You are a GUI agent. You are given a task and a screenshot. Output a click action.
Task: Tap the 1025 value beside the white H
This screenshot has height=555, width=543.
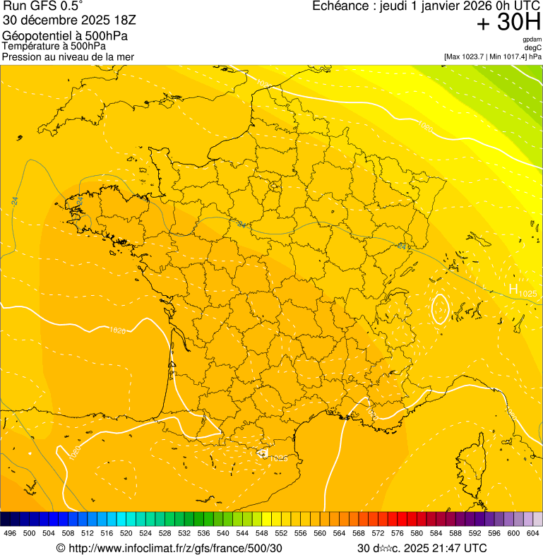tap(527, 293)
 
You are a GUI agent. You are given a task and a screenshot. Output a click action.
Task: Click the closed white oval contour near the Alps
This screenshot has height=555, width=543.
tap(440, 309)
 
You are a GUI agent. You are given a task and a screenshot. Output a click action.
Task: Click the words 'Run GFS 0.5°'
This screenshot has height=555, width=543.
tap(42, 6)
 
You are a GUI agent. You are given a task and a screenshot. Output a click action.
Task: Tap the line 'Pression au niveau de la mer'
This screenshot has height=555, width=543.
tap(68, 56)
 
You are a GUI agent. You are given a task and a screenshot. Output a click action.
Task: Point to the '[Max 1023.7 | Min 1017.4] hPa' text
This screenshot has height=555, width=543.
tap(492, 56)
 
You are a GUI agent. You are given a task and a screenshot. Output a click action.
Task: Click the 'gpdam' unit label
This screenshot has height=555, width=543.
tap(532, 40)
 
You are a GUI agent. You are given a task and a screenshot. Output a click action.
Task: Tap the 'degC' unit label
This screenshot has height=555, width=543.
tap(533, 47)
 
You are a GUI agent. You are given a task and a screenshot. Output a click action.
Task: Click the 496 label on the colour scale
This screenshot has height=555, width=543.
tap(10, 533)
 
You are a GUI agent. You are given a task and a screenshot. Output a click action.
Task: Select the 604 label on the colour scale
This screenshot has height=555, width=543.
tap(532, 533)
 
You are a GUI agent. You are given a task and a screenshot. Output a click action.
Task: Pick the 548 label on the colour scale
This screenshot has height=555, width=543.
tap(262, 533)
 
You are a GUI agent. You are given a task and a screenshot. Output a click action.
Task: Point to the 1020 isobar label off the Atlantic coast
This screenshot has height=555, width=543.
tap(117, 330)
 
